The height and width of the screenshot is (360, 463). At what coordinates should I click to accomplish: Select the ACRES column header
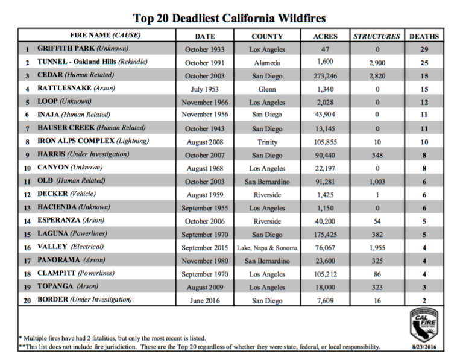pos(326,36)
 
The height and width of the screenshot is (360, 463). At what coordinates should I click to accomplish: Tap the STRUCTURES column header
pos(376,36)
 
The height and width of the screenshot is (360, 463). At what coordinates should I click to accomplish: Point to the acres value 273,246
pos(326,76)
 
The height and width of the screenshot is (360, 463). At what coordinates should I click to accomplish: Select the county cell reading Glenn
pos(267,89)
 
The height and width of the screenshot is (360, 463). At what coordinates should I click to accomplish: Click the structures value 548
pos(377,154)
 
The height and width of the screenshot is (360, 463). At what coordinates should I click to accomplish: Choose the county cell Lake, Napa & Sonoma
pos(267,247)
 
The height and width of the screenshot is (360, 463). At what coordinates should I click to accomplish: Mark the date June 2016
pos(206,300)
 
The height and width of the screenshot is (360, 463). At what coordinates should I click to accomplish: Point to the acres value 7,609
pos(326,300)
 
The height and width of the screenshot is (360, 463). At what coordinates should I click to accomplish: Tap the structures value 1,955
pos(377,247)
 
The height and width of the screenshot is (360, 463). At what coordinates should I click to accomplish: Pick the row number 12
pos(27,194)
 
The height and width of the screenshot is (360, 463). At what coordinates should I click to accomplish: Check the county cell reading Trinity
pos(267,141)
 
